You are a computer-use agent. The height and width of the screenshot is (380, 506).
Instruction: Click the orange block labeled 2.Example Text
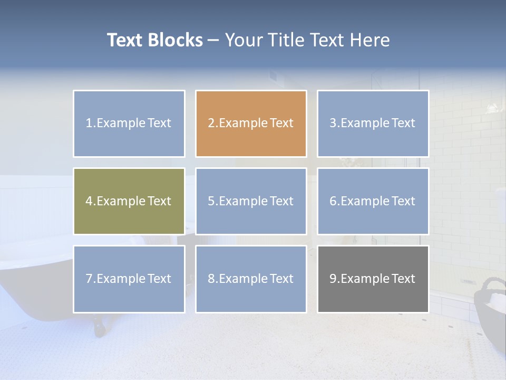[x=251, y=123]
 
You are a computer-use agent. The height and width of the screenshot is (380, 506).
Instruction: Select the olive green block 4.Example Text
[x=129, y=201]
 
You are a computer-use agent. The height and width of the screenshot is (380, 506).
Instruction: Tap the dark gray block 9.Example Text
[x=373, y=279]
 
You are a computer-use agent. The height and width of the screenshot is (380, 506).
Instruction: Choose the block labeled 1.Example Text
[x=129, y=123]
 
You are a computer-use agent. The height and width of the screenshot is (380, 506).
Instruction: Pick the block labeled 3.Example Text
[x=373, y=123]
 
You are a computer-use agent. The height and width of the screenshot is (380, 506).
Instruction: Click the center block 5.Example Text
[x=251, y=201]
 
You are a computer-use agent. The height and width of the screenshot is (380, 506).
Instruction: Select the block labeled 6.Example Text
[x=373, y=201]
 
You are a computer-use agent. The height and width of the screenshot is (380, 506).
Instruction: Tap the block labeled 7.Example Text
[x=129, y=279]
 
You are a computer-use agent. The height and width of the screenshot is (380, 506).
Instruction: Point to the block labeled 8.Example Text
[x=251, y=279]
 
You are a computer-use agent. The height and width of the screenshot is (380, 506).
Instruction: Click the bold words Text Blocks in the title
[x=155, y=40]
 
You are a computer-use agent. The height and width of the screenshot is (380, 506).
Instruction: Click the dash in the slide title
[x=213, y=41]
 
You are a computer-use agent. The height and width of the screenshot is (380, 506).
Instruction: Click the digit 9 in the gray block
[x=333, y=279]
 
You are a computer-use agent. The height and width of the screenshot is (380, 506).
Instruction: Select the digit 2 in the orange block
[x=211, y=123]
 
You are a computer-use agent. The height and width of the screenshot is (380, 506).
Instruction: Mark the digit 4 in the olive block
[x=89, y=201]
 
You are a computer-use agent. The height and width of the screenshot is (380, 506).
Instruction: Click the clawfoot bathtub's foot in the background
[x=99, y=327]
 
